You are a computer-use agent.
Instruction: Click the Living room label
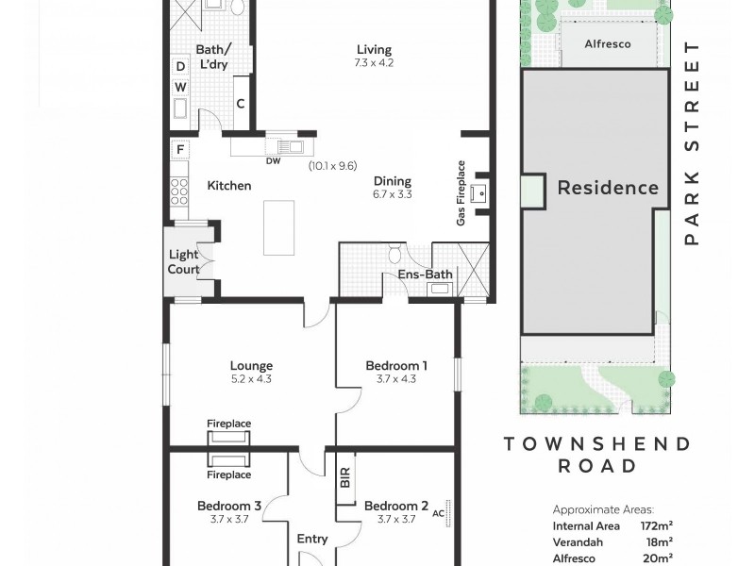click(374, 50)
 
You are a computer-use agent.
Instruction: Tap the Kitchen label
click(229, 186)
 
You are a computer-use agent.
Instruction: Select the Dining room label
click(393, 181)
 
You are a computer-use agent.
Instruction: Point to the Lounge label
click(251, 366)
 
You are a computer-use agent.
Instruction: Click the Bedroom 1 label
click(396, 366)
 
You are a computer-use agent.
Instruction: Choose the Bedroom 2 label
click(396, 505)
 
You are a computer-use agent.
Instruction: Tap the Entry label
click(312, 539)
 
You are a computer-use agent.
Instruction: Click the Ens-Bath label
click(425, 275)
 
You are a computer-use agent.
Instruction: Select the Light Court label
click(184, 261)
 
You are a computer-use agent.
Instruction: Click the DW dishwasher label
click(274, 161)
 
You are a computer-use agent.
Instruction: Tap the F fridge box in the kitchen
click(179, 150)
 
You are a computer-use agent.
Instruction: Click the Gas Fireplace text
click(461, 193)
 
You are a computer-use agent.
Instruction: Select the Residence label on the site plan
click(608, 187)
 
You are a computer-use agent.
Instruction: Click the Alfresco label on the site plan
click(608, 43)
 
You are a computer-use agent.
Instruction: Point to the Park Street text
click(693, 143)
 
